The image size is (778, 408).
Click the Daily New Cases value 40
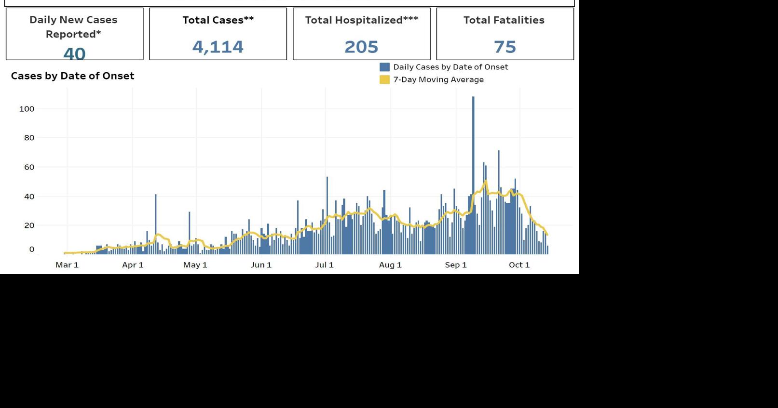point(74,53)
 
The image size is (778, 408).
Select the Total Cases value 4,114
point(218,47)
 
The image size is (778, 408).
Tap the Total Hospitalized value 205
point(361,47)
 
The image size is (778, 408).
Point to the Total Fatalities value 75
point(505,47)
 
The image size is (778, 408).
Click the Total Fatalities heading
point(504,20)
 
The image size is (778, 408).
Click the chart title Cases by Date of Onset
point(72,76)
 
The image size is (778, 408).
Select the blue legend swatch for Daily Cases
point(384,67)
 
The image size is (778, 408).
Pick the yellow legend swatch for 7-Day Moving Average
point(384,79)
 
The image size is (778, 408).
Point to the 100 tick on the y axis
point(27,109)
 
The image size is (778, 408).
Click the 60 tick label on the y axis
point(29,167)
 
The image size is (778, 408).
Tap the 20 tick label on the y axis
point(29,225)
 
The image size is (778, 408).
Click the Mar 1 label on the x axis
point(67,264)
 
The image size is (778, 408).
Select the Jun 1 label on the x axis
point(261,264)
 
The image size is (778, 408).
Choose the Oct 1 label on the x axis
point(519,264)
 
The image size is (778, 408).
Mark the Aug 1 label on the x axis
point(390,264)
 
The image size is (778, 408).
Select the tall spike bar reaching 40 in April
point(155,222)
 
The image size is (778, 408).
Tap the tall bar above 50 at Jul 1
point(327,212)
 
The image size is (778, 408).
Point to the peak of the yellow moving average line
point(486,182)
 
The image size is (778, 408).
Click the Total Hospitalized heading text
point(361,20)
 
